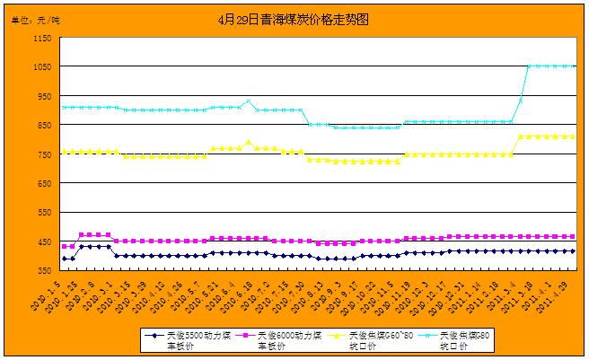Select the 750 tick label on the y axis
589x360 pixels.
coord(44,154)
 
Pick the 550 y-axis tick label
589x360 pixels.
coord(44,213)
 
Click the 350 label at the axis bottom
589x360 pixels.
coord(44,270)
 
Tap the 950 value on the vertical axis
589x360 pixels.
coord(44,96)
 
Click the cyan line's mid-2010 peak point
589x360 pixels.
coord(249,101)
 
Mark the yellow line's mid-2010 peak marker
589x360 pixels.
coord(249,142)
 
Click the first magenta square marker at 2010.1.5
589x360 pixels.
coord(63,246)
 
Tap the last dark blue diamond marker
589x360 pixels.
coord(572,251)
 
